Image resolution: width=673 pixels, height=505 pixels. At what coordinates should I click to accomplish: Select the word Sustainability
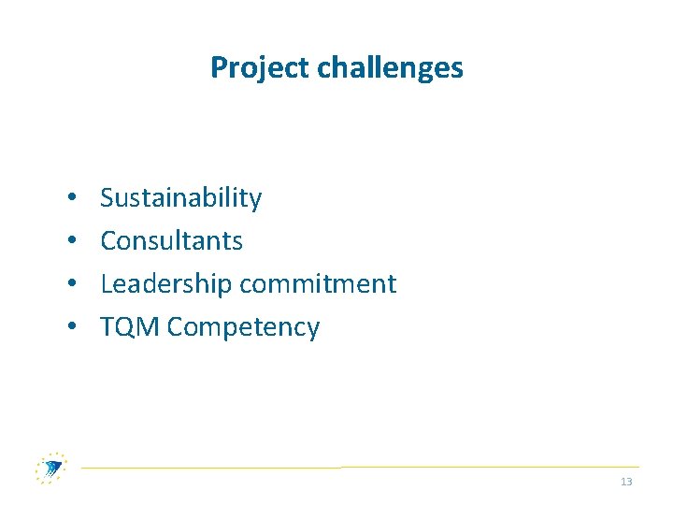point(180,197)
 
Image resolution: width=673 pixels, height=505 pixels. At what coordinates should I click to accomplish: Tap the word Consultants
point(171,240)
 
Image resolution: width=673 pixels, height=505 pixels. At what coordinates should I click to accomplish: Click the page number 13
point(626,482)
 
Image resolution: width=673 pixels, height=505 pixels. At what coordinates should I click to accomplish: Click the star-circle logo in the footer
point(51,467)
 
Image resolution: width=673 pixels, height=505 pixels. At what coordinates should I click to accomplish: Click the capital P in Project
point(218,67)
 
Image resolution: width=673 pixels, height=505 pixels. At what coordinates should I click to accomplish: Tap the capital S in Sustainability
point(107,197)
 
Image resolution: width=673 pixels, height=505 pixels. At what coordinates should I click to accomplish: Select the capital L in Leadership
point(106,283)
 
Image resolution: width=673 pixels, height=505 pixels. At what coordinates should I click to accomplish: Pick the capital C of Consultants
point(107,240)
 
